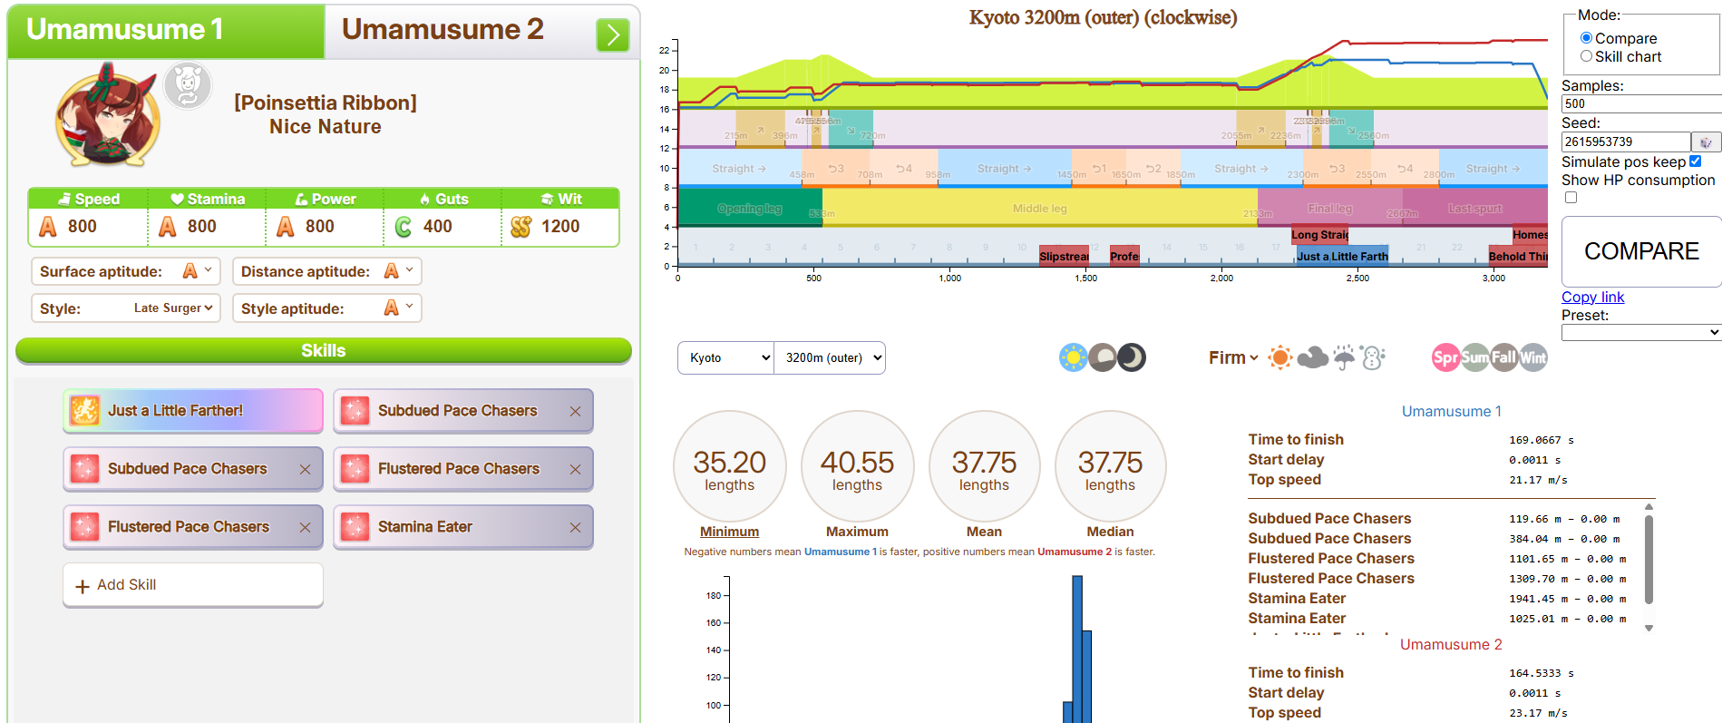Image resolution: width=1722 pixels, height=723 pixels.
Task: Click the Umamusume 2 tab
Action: point(443,30)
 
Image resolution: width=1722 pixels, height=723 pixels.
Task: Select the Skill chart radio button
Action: point(1586,56)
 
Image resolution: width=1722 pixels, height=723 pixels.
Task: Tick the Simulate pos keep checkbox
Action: point(1695,161)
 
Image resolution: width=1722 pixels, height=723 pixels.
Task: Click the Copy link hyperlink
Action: point(1592,297)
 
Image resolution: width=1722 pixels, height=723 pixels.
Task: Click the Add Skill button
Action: point(192,585)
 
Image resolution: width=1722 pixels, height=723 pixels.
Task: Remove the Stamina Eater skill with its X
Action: point(575,527)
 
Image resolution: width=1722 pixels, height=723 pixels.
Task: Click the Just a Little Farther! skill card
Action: point(192,411)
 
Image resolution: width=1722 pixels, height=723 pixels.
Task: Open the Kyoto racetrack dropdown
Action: point(725,357)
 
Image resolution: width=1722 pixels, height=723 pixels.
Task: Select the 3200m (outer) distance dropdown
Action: point(831,357)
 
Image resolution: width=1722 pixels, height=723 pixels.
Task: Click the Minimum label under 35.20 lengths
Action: point(729,532)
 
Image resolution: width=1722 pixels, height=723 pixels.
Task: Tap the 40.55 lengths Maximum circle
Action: point(857,467)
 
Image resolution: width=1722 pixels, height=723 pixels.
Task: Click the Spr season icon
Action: point(1445,357)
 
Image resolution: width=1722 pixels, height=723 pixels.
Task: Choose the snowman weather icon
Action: point(1373,357)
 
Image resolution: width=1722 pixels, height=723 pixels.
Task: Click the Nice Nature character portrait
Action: point(107,116)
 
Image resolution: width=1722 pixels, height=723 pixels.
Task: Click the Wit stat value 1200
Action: point(559,226)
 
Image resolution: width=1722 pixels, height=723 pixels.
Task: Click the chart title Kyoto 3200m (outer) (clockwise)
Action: point(1103,17)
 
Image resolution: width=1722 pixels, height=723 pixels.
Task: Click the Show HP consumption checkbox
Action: point(1571,197)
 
